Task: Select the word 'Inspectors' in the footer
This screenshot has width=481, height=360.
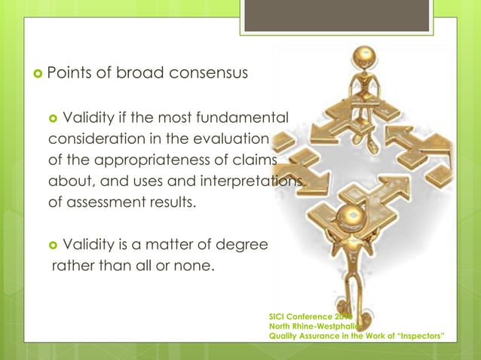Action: pos(419,336)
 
